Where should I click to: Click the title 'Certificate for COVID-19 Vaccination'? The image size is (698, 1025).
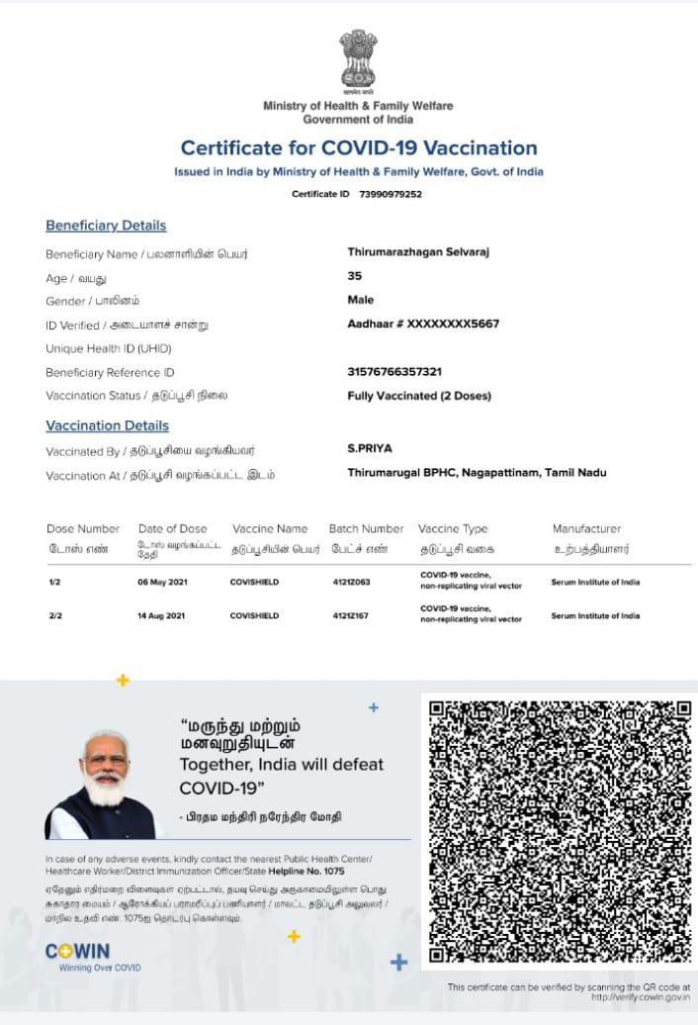pyautogui.click(x=359, y=148)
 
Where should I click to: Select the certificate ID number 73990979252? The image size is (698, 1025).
pyautogui.click(x=391, y=194)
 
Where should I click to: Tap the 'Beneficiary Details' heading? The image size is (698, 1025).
pyautogui.click(x=106, y=226)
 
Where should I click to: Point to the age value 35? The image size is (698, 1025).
pyautogui.click(x=355, y=276)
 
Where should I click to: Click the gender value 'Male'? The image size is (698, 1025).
pyautogui.click(x=361, y=300)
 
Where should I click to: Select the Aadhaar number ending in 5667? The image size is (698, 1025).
pyautogui.click(x=423, y=324)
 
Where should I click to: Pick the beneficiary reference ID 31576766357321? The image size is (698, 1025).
pyautogui.click(x=394, y=372)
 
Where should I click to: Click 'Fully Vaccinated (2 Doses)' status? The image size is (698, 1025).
pyautogui.click(x=419, y=396)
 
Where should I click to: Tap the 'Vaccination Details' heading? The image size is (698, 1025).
pyautogui.click(x=107, y=425)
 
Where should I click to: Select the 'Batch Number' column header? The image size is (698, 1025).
pyautogui.click(x=366, y=528)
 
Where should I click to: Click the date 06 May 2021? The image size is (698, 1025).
pyautogui.click(x=161, y=583)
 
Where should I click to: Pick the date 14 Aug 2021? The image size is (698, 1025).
pyautogui.click(x=161, y=616)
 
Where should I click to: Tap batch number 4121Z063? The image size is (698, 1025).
pyautogui.click(x=351, y=583)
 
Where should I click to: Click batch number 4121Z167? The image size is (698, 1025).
pyautogui.click(x=351, y=616)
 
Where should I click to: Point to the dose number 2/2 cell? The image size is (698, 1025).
pyautogui.click(x=54, y=616)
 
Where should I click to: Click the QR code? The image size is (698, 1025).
pyautogui.click(x=560, y=832)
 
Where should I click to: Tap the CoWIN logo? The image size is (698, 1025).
pyautogui.click(x=78, y=952)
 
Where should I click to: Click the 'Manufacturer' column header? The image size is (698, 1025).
pyautogui.click(x=586, y=528)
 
